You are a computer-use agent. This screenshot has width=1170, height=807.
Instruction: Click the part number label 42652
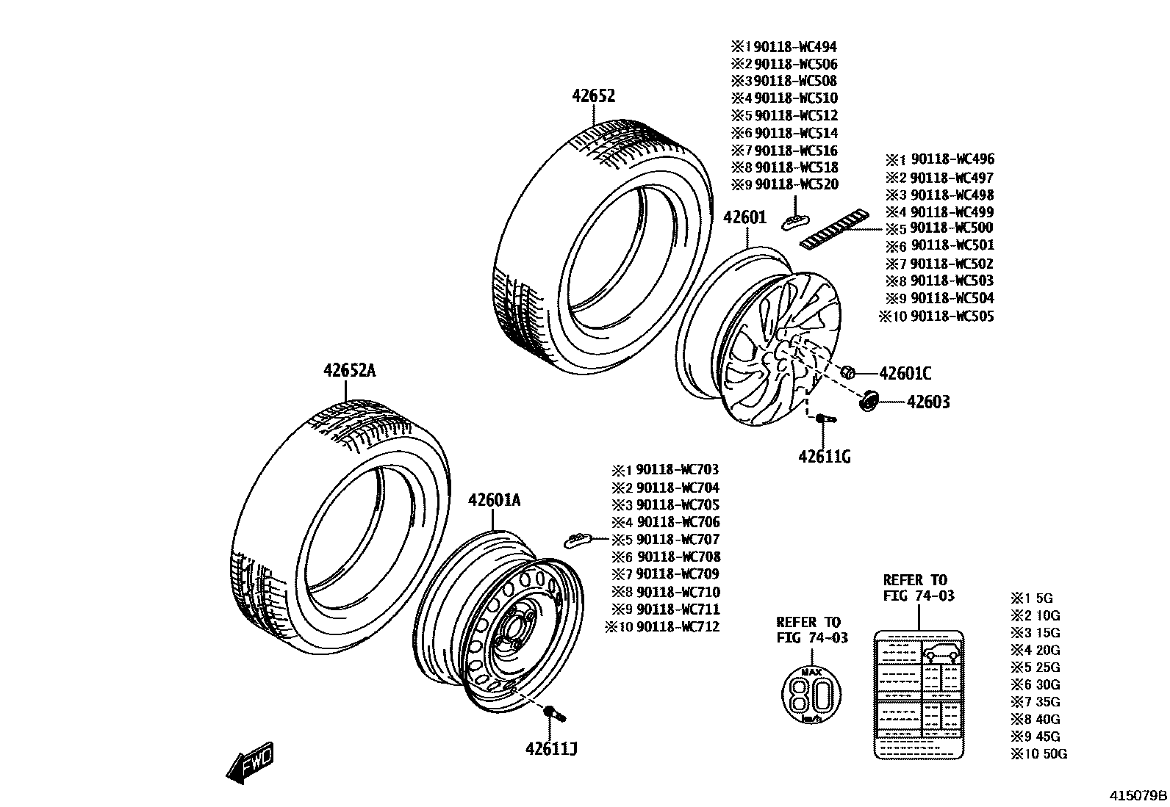[x=594, y=96]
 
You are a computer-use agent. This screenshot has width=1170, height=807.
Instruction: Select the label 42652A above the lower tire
[x=349, y=371]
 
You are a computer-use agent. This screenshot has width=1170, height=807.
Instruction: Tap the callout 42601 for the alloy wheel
[x=744, y=218]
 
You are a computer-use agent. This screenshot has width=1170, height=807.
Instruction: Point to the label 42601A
[x=494, y=501]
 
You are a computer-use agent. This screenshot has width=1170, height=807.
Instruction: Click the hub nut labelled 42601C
[x=846, y=372]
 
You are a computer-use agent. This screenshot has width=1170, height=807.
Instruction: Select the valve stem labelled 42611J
[x=553, y=712]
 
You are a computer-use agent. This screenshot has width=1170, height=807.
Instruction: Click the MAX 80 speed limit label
[x=811, y=694]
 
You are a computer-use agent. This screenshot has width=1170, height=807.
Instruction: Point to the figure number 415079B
[x=1138, y=795]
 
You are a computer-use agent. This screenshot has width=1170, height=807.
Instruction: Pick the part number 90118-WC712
[x=678, y=626]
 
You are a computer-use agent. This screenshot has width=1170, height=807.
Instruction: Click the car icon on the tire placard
[x=941, y=652]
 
